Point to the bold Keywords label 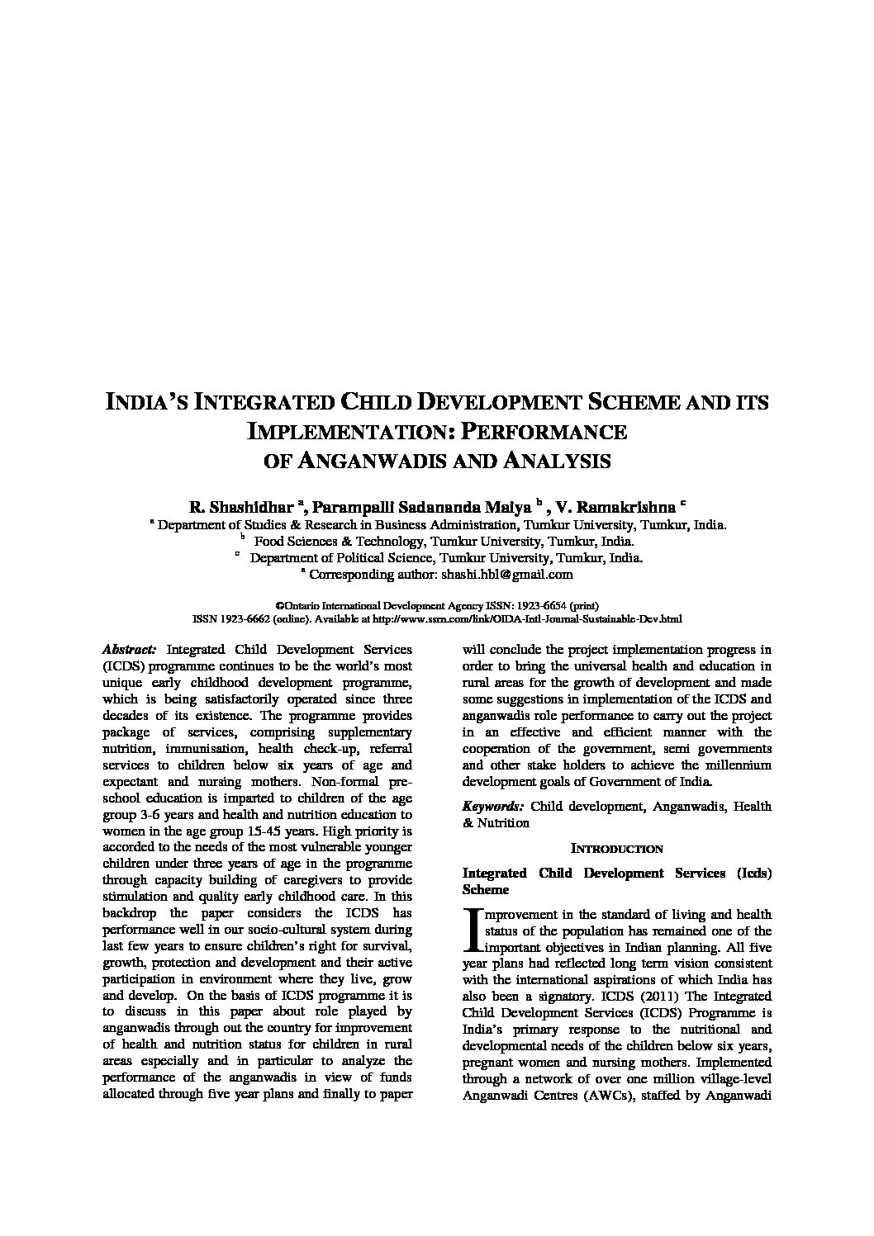tap(492, 806)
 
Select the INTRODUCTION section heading tap(617, 849)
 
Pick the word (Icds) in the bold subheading tap(753, 873)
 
